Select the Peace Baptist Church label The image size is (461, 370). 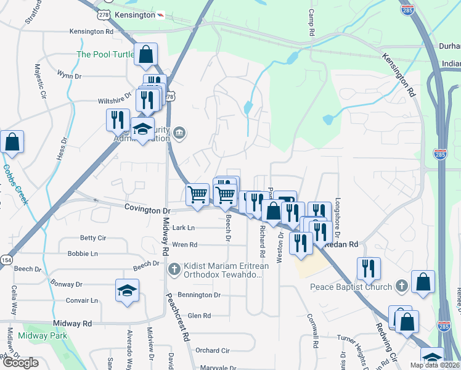[351, 287]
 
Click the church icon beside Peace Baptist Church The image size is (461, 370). [401, 286]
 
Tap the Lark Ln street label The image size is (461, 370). [183, 228]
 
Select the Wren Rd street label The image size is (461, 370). [185, 245]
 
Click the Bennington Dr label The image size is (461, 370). [199, 295]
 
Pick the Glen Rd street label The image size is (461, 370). [199, 316]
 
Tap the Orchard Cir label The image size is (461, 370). [212, 350]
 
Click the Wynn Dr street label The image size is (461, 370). [69, 76]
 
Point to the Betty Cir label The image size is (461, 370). [93, 238]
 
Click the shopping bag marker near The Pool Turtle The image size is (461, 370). [145, 54]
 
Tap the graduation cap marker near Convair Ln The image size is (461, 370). [127, 291]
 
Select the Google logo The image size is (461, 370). [20, 363]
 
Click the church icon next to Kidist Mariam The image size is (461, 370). [174, 269]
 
